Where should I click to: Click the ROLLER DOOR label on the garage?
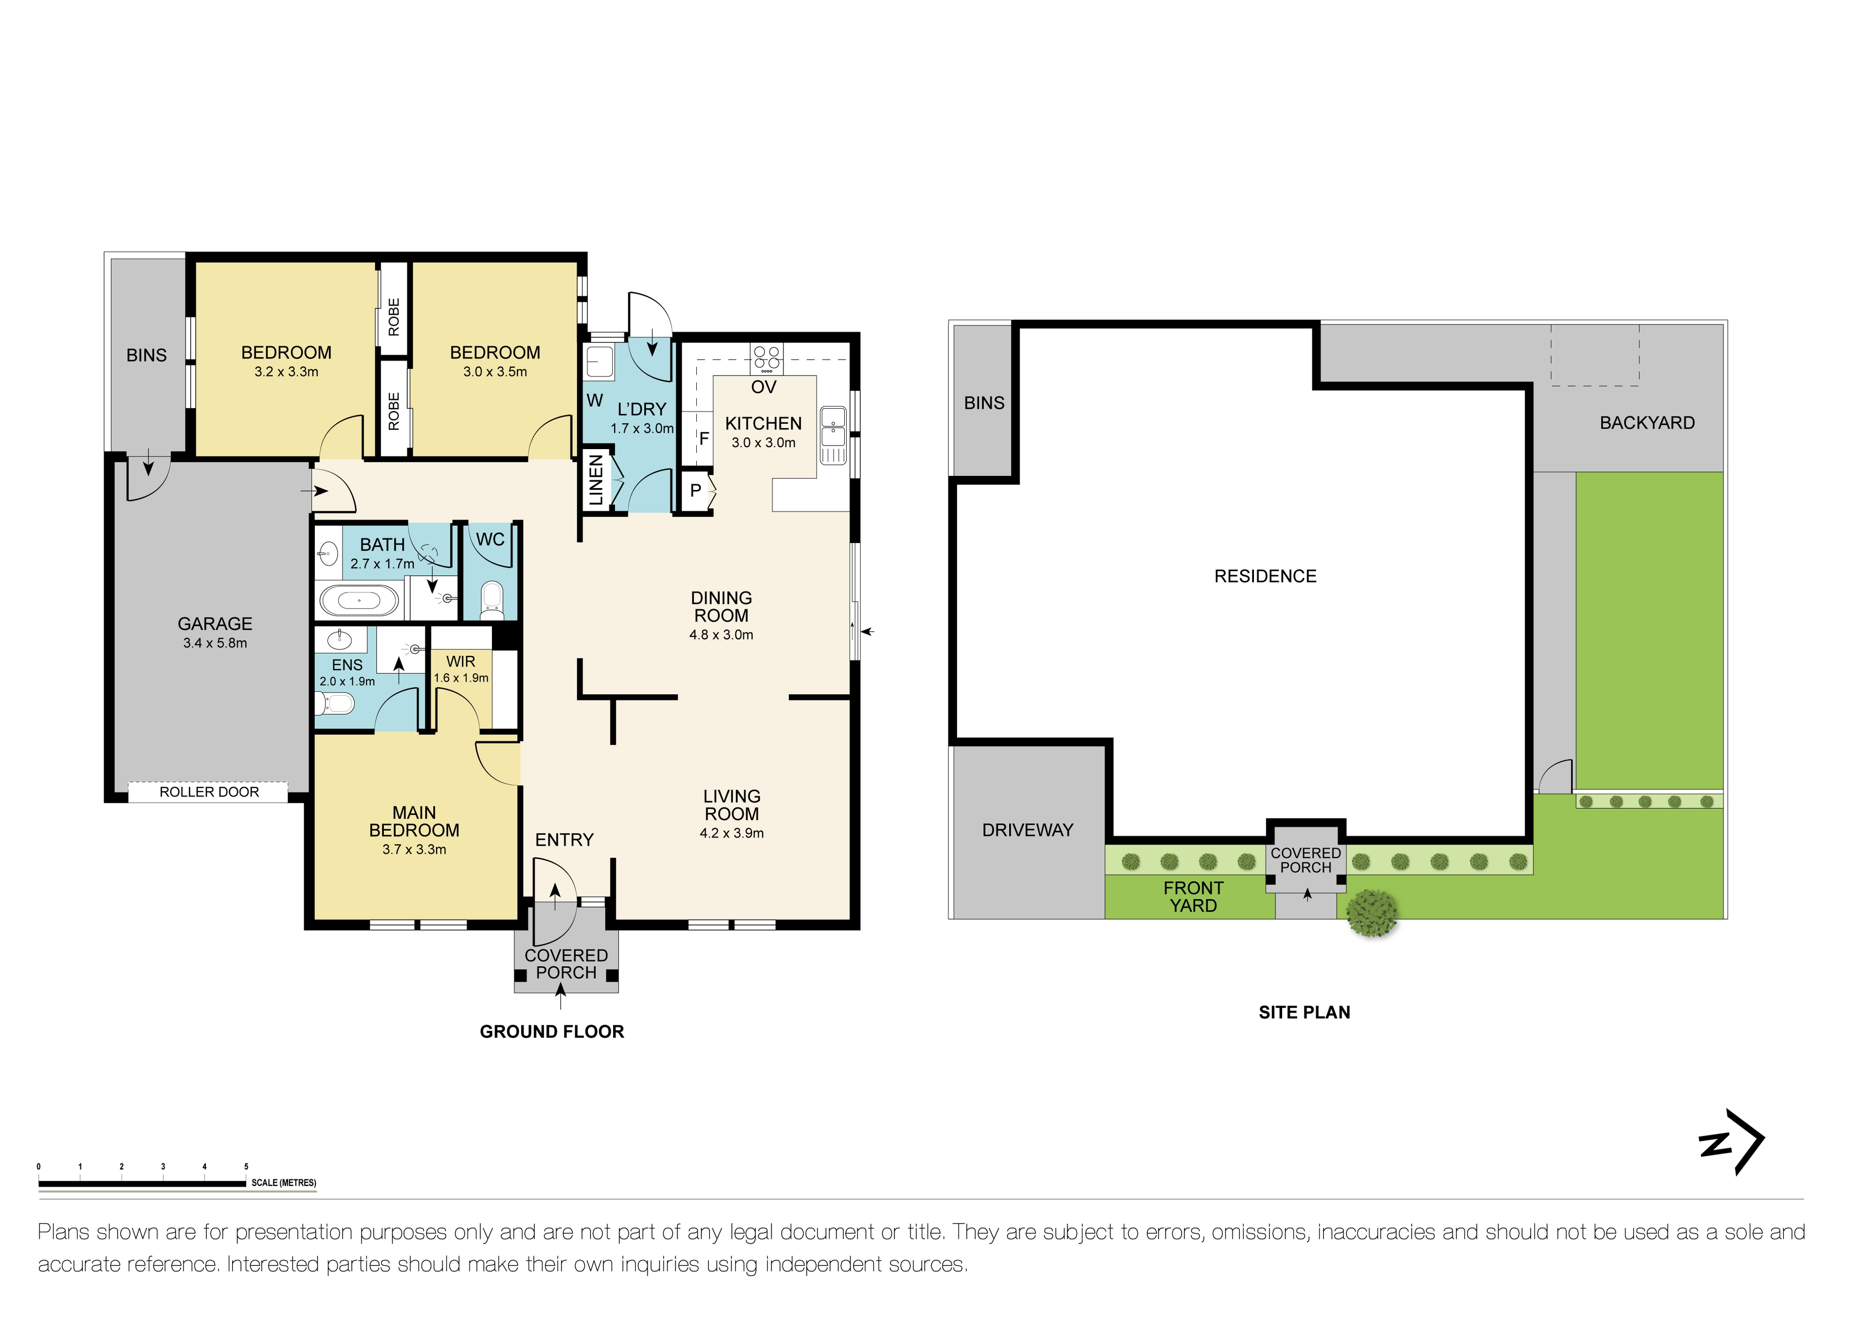click(209, 792)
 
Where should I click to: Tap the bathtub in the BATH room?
click(359, 601)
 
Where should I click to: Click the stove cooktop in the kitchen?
click(766, 358)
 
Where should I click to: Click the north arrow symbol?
click(1733, 1141)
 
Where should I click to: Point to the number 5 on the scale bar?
click(246, 1166)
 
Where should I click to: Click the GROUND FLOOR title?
click(552, 1031)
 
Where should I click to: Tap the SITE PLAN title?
click(1304, 1012)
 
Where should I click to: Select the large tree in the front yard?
click(1372, 913)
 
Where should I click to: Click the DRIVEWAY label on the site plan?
click(1028, 830)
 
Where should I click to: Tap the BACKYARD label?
click(1647, 422)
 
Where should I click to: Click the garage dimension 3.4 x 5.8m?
click(215, 643)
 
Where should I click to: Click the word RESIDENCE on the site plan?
click(1265, 576)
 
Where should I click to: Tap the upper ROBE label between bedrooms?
click(394, 317)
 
